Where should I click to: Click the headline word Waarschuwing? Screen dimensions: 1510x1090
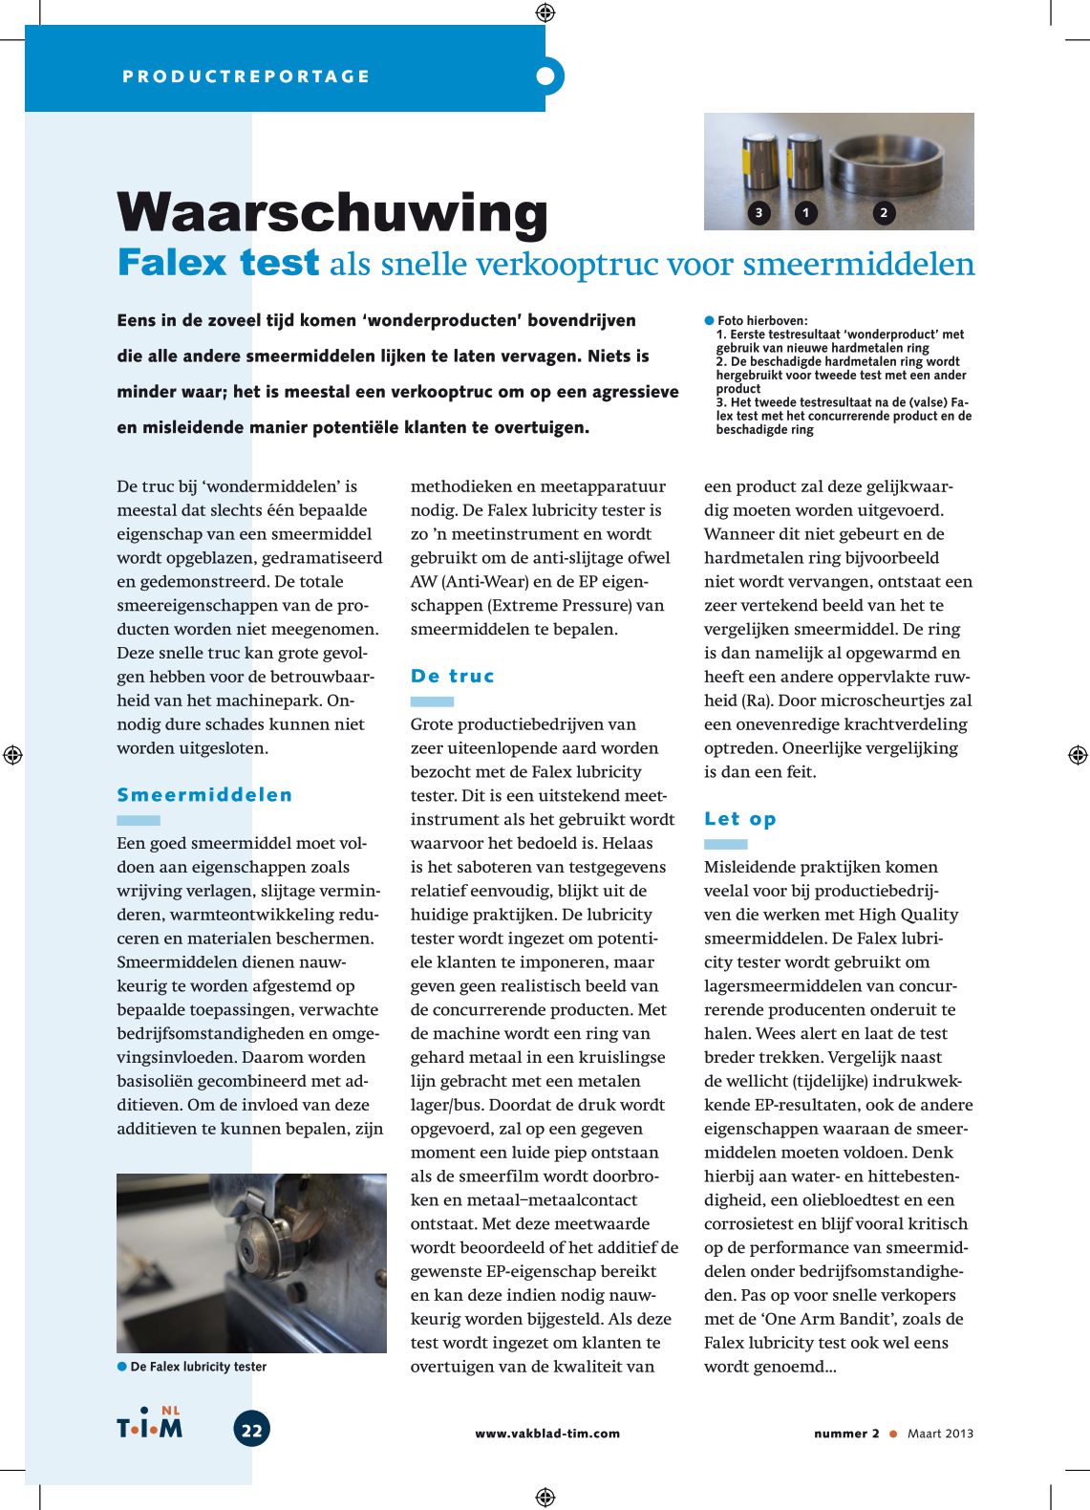(332, 212)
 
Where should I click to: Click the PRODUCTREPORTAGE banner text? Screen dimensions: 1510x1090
(246, 76)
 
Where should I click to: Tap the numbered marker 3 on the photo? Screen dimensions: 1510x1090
(759, 212)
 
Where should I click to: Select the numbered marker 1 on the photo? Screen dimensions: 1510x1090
(805, 212)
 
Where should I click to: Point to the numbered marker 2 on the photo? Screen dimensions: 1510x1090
(884, 212)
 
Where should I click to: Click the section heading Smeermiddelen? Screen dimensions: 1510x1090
(204, 795)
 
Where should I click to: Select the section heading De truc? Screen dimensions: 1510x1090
(452, 676)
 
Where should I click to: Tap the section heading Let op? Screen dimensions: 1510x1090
(740, 819)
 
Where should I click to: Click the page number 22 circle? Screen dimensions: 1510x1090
(251, 1430)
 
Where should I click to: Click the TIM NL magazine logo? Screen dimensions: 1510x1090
(150, 1424)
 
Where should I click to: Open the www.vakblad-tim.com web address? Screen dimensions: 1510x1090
(547, 1434)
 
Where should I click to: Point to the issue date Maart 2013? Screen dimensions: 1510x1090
(940, 1434)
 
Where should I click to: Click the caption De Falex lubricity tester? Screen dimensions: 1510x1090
(198, 1367)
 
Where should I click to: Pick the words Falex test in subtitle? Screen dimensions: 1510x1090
(218, 263)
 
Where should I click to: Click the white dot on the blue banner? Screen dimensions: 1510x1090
(545, 75)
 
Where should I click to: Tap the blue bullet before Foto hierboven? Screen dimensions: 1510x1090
(710, 320)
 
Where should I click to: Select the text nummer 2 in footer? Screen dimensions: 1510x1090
(846, 1434)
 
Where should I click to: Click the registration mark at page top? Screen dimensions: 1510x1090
(545, 12)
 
